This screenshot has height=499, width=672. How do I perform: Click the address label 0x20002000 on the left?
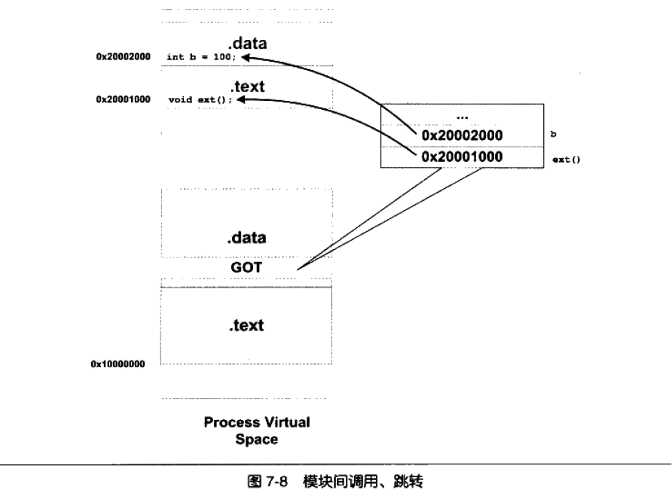pos(124,56)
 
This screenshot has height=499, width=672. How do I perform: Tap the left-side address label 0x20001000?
pos(124,99)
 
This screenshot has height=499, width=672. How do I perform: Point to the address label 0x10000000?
pos(118,364)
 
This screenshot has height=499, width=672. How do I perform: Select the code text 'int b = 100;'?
pos(201,57)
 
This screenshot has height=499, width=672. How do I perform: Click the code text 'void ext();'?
pos(200,100)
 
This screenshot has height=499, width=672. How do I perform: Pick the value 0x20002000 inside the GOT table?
pos(462,135)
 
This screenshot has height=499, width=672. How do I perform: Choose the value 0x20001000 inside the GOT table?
pos(462,157)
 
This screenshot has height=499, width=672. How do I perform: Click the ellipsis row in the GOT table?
pos(462,117)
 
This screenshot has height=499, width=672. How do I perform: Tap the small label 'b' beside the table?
pos(553,134)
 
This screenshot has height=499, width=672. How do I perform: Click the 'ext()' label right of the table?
pos(566,160)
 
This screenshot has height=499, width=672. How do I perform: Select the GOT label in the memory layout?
pos(246,267)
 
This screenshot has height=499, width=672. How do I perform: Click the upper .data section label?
pos(247,43)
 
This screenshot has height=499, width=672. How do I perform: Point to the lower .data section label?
pos(246,238)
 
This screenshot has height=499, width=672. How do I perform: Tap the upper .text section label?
pos(248,87)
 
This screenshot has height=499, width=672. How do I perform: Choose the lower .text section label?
pos(246,326)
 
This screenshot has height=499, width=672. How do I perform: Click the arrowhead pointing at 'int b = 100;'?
pos(245,57)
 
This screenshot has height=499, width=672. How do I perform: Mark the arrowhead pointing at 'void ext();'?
pos(241,100)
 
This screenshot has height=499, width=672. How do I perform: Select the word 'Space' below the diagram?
pos(257,440)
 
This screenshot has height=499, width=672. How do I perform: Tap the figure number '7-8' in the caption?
pos(276,482)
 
